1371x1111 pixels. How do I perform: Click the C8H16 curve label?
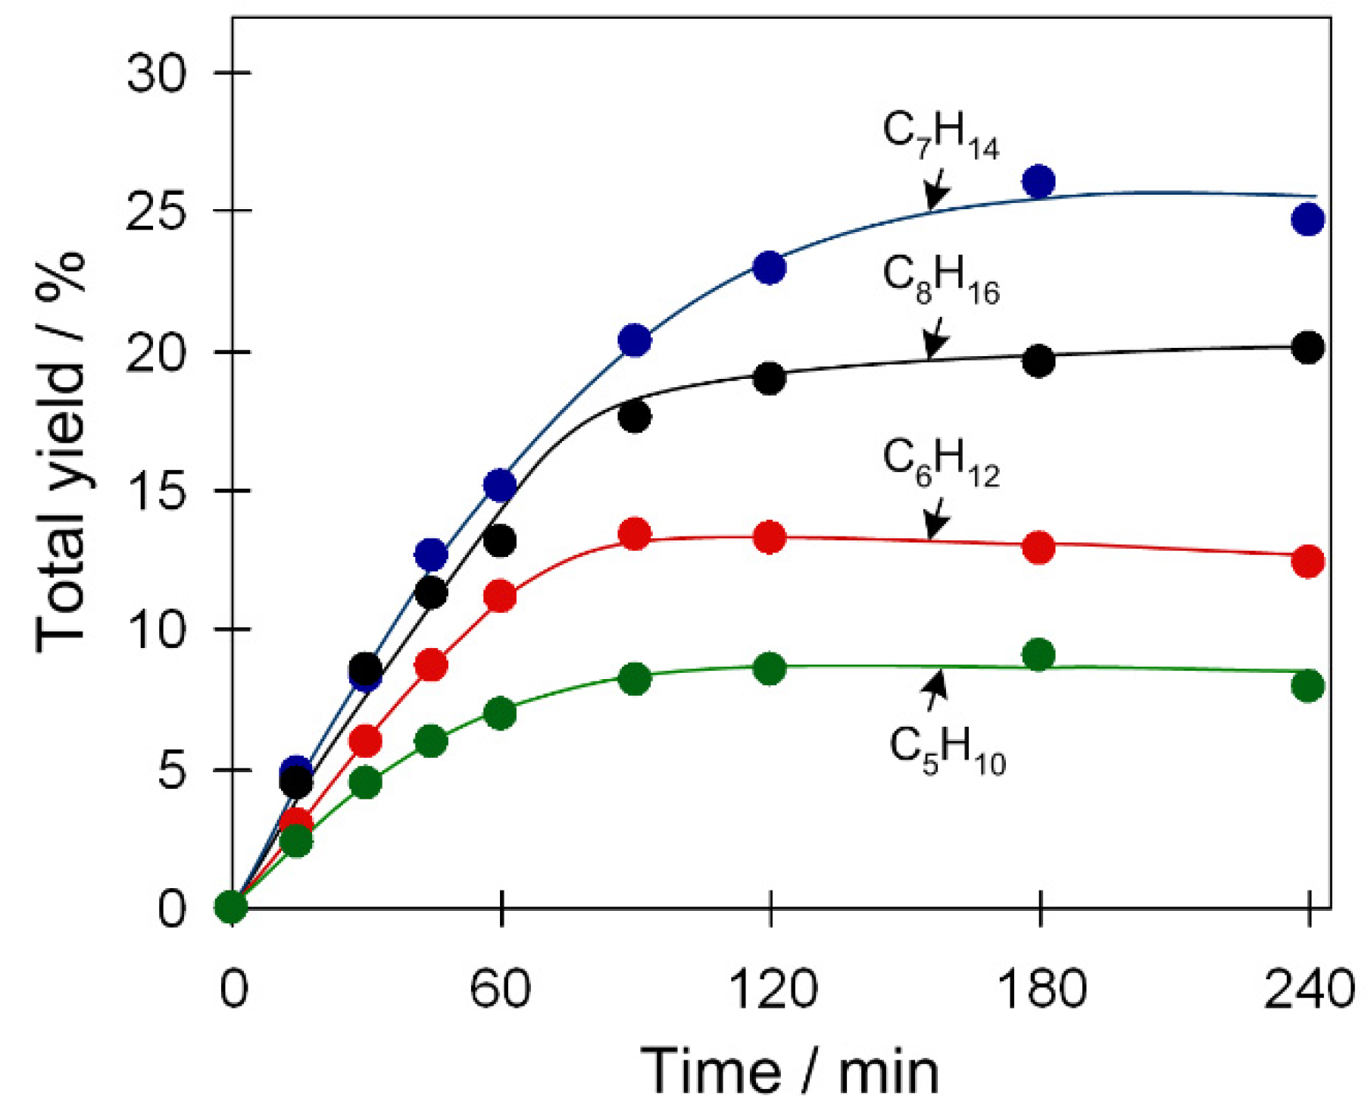[x=940, y=281]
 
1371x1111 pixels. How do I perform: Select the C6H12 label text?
[x=940, y=464]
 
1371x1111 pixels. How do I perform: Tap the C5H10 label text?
[x=946, y=751]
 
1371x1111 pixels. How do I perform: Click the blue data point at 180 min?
[x=1038, y=181]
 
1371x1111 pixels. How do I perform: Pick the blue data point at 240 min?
[x=1308, y=220]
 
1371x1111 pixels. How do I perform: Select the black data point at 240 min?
[x=1308, y=348]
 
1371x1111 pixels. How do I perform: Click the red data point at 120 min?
[x=770, y=537]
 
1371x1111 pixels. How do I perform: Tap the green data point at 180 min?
[x=1038, y=655]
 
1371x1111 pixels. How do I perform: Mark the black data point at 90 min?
[x=635, y=416]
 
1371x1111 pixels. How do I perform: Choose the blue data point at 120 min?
[x=770, y=268]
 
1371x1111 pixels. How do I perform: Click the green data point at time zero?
[x=231, y=906]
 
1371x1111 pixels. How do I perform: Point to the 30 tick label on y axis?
[x=156, y=74]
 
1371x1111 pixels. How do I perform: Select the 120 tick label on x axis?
[x=772, y=989]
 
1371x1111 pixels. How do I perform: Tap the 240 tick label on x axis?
[x=1309, y=989]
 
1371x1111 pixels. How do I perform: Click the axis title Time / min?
[x=789, y=1071]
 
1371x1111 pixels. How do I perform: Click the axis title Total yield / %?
[x=61, y=451]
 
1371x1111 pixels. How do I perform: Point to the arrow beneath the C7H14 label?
[x=936, y=189]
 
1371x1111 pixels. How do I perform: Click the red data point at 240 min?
[x=1308, y=561]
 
